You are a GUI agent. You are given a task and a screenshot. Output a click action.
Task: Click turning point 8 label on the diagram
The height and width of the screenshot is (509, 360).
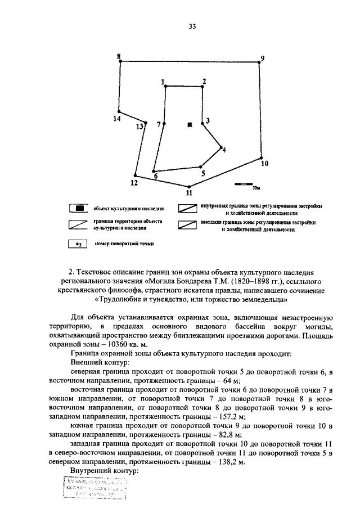click(x=118, y=56)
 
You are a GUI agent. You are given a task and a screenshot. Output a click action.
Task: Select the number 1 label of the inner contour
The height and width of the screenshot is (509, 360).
click(x=163, y=82)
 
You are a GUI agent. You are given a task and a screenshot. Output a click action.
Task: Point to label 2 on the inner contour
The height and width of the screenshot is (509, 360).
click(x=204, y=81)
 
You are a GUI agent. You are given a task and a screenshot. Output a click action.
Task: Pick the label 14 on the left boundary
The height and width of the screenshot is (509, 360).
click(x=116, y=119)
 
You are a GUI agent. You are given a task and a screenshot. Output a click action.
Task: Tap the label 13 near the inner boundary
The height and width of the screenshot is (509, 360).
click(x=139, y=127)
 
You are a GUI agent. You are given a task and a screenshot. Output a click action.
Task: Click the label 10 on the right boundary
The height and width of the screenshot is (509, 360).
click(x=264, y=164)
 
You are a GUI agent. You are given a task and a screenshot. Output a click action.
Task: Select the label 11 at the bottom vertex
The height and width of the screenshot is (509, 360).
click(x=189, y=192)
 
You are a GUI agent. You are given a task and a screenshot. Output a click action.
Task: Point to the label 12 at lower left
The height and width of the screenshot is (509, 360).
click(x=134, y=183)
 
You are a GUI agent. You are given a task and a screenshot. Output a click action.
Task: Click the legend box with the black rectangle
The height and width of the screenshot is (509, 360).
click(x=80, y=209)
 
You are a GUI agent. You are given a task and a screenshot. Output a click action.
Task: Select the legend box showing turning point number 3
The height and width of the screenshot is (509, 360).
click(x=80, y=244)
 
